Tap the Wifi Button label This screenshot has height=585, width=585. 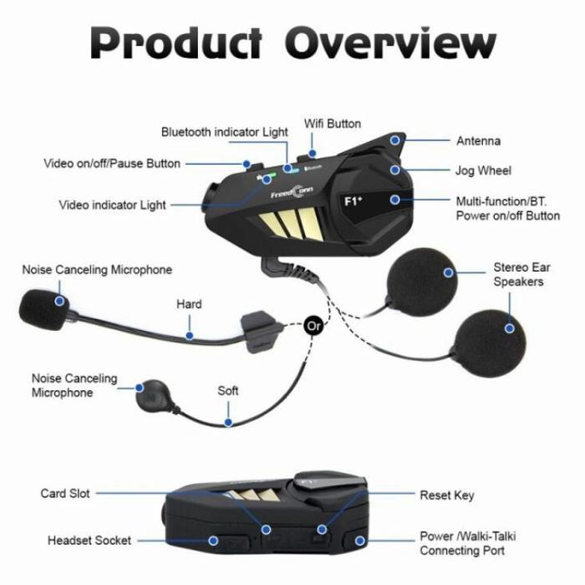click(x=333, y=124)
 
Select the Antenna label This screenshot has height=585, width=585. click(x=478, y=141)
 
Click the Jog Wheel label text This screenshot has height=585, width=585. click(x=483, y=171)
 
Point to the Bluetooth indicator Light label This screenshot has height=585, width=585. click(x=224, y=132)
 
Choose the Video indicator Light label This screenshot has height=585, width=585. click(x=112, y=205)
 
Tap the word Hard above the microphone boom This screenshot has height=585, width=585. click(x=189, y=304)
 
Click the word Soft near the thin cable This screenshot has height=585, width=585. click(x=228, y=390)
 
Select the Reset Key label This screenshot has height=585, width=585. click(x=446, y=496)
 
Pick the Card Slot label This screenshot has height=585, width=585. click(x=65, y=493)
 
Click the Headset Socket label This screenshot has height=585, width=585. click(x=89, y=541)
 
